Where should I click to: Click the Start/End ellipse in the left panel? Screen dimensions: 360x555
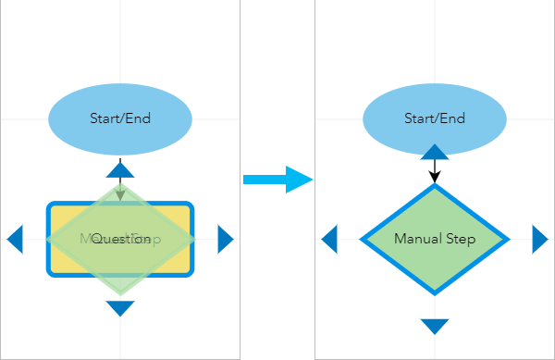pyautogui.click(x=120, y=118)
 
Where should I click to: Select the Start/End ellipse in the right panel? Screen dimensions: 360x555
pyautogui.click(x=434, y=118)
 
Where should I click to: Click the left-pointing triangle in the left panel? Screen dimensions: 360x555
pyautogui.click(x=15, y=239)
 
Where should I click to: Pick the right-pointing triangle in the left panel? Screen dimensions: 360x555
pyautogui.click(x=225, y=239)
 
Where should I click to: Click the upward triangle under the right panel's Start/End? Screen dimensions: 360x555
pyautogui.click(x=434, y=153)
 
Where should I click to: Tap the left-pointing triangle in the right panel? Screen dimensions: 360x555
pyautogui.click(x=329, y=239)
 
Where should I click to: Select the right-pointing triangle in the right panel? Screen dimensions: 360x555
pyautogui.click(x=539, y=239)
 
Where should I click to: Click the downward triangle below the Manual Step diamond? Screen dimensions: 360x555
pyautogui.click(x=434, y=326)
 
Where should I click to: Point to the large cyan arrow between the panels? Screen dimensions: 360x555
pyautogui.click(x=278, y=179)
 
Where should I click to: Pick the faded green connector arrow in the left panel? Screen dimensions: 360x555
pyautogui.click(x=120, y=190)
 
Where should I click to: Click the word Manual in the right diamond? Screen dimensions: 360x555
pyautogui.click(x=415, y=239)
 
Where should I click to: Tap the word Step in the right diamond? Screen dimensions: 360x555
pyautogui.click(x=459, y=239)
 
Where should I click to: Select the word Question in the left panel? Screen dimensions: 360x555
pyautogui.click(x=121, y=240)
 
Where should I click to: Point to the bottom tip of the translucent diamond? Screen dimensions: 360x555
pyautogui.click(x=120, y=294)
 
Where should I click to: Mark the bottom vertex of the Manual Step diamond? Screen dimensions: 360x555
pyautogui.click(x=434, y=293)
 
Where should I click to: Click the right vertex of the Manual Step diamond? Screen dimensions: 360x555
pyautogui.click(x=508, y=239)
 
